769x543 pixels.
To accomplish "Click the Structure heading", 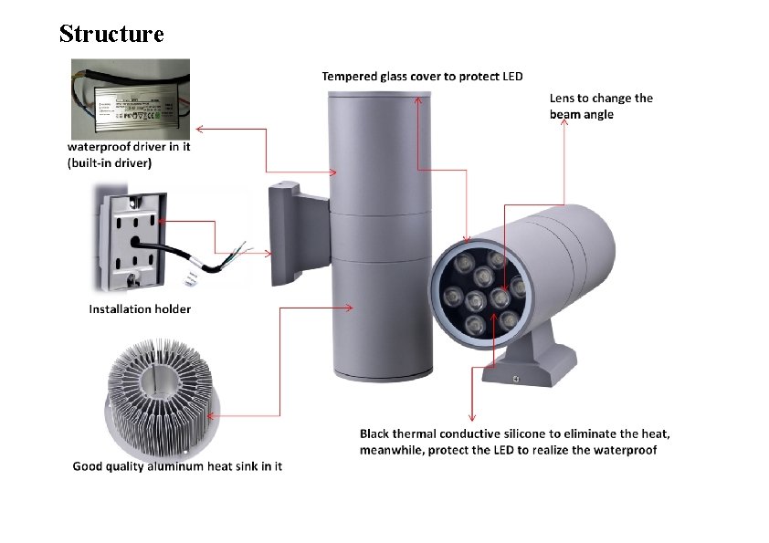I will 111,34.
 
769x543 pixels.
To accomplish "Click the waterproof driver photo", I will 131,98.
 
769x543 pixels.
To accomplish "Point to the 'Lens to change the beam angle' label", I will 601,106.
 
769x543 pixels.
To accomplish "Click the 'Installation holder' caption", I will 140,308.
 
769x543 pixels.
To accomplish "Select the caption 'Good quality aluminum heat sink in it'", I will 177,466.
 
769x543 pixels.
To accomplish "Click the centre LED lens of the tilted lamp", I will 476,298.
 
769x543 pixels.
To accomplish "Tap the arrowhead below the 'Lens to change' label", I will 564,127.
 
